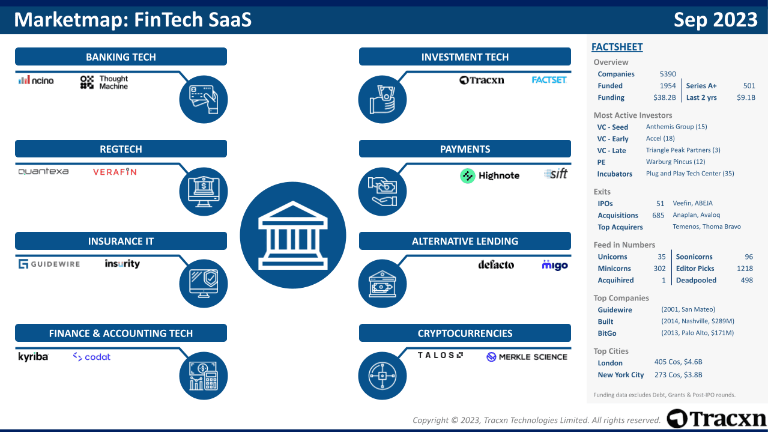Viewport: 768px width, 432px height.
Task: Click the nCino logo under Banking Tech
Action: pyautogui.click(x=36, y=80)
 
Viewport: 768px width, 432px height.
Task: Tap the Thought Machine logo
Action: pyautogui.click(x=104, y=82)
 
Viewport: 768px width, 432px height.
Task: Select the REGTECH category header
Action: pyautogui.click(x=121, y=149)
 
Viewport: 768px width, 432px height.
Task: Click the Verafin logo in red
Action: pyautogui.click(x=115, y=172)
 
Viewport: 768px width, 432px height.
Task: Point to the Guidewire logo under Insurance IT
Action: pyautogui.click(x=49, y=264)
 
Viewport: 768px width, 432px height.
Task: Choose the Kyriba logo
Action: pyautogui.click(x=33, y=357)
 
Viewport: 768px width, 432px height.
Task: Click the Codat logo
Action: pyautogui.click(x=92, y=357)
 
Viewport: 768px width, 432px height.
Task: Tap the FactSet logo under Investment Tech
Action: pyautogui.click(x=549, y=80)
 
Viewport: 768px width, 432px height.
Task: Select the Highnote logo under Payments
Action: pyautogui.click(x=489, y=175)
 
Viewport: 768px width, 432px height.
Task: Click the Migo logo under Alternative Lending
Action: pyautogui.click(x=554, y=264)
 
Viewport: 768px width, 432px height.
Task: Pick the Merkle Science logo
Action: pyautogui.click(x=527, y=357)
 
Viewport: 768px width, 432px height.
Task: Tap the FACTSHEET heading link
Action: pyautogui.click(x=617, y=47)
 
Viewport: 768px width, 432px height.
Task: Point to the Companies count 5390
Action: pyautogui.click(x=668, y=74)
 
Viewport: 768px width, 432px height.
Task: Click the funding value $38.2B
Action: pyautogui.click(x=664, y=97)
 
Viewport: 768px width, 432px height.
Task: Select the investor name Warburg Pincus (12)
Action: pyautogui.click(x=676, y=162)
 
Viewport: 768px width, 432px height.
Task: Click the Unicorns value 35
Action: pyautogui.click(x=662, y=257)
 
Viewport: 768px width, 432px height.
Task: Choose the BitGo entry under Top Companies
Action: pyautogui.click(x=607, y=333)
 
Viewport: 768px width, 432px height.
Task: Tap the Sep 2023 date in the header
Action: pyautogui.click(x=715, y=20)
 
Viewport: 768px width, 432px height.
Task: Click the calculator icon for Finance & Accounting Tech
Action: pyautogui.click(x=204, y=376)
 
